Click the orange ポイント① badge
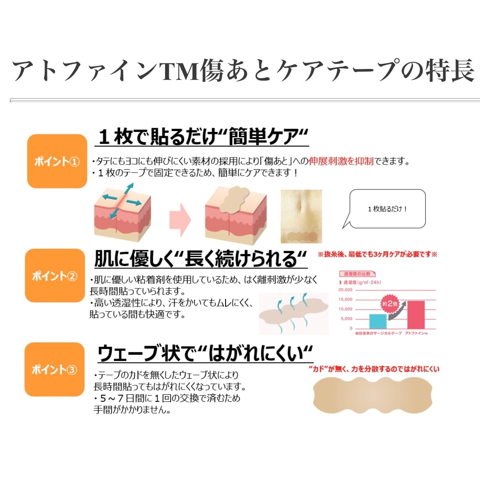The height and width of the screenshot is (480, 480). click(57, 161)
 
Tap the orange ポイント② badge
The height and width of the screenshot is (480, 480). click(55, 275)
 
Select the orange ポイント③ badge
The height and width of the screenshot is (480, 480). click(55, 369)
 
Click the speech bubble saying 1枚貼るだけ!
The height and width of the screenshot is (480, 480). click(387, 209)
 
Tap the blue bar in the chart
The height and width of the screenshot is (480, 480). click(378, 321)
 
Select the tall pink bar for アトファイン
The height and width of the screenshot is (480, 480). click(415, 315)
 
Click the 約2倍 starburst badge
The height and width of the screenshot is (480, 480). click(389, 303)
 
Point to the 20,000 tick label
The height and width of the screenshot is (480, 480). click(345, 290)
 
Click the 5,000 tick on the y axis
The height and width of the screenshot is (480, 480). click(346, 319)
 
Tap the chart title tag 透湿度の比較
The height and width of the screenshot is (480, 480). click(357, 274)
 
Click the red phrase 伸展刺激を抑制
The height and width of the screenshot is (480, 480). click(341, 161)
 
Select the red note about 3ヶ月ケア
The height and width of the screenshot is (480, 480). click(377, 254)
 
